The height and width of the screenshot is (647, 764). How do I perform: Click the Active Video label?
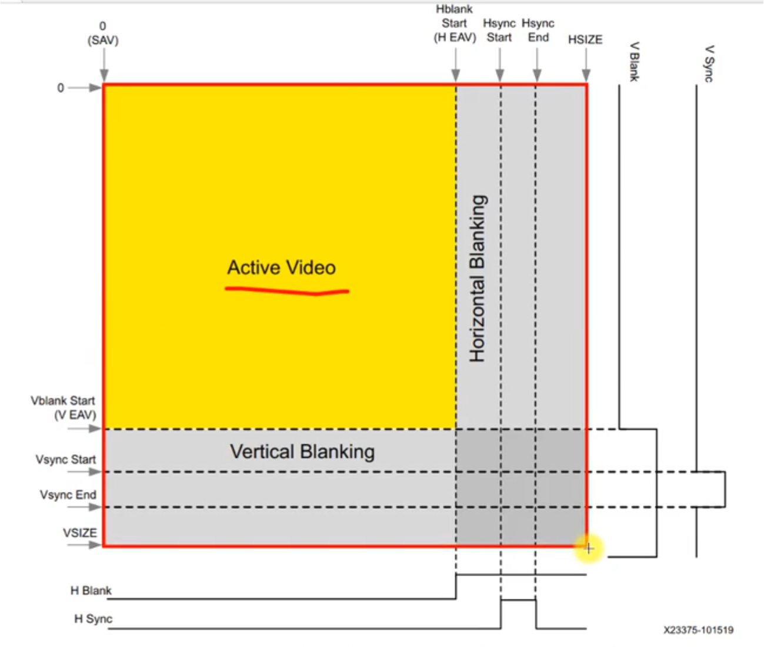[281, 268]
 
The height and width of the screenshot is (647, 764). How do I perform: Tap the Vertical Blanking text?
[302, 451]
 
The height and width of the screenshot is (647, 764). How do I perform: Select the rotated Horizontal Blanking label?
[478, 279]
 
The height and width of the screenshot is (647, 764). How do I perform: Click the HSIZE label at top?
[585, 40]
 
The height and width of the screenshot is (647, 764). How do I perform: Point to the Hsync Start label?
[499, 31]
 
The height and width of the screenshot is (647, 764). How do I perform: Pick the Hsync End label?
[538, 31]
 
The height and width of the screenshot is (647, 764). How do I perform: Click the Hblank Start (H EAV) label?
[455, 24]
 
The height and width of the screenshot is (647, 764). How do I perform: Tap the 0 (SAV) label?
[103, 33]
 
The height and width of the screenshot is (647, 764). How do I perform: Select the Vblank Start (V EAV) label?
[64, 408]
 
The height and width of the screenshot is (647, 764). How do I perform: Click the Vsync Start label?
[65, 460]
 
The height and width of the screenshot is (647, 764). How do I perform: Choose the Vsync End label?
[68, 495]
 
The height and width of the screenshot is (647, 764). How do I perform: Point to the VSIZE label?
[80, 533]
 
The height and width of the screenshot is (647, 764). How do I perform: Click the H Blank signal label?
[91, 591]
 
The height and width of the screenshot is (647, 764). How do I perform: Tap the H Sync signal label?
[93, 619]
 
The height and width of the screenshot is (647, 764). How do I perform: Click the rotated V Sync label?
[710, 63]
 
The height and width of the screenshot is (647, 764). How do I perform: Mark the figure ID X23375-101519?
[698, 630]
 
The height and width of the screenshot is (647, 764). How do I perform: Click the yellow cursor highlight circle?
[589, 549]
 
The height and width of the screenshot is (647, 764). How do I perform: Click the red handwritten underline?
[287, 290]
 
